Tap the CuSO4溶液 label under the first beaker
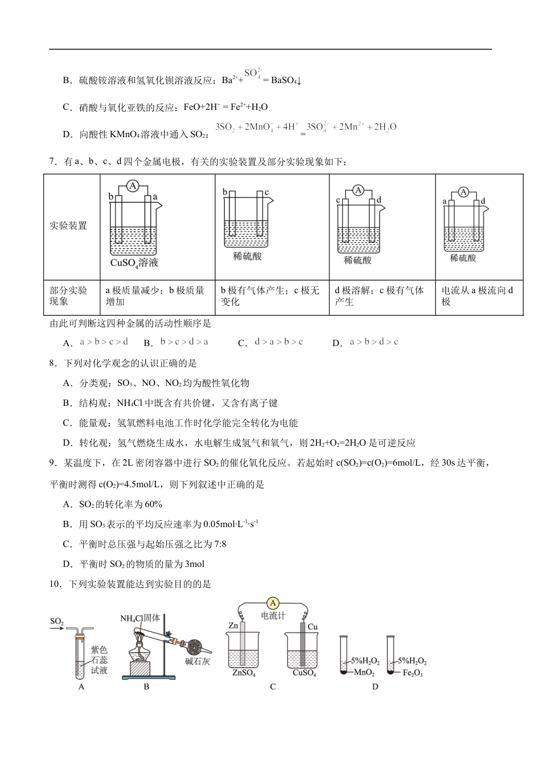point(134,263)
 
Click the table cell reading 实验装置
point(68,226)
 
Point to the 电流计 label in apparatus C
point(273,616)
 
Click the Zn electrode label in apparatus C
point(233,626)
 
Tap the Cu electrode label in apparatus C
point(312,627)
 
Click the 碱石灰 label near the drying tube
point(198,661)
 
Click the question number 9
point(52,463)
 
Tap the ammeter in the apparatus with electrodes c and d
point(358,191)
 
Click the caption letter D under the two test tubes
point(375,687)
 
